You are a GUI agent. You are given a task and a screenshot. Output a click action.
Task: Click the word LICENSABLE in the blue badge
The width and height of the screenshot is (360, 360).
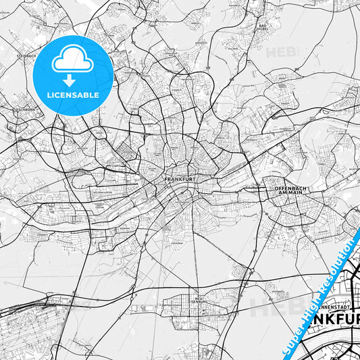click(x=72, y=95)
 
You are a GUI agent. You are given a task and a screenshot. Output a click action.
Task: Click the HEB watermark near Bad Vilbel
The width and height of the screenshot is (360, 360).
click(x=282, y=52)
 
